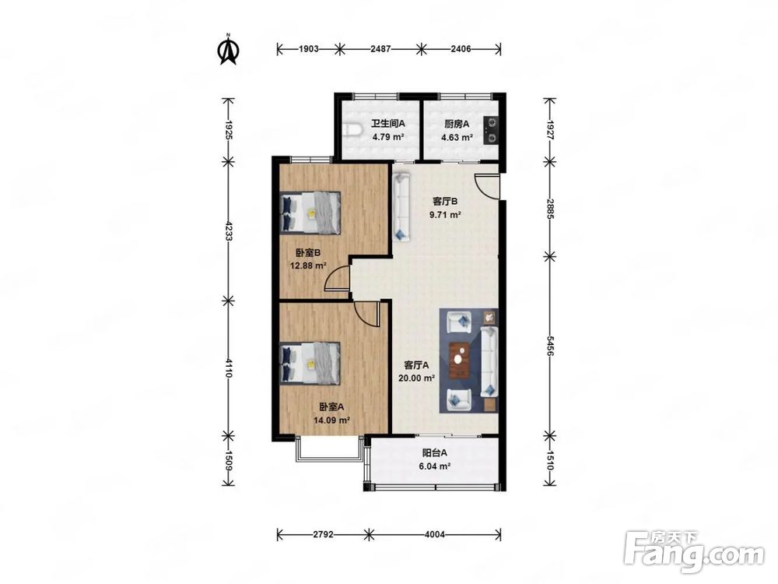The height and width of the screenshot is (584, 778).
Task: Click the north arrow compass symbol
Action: (228, 50)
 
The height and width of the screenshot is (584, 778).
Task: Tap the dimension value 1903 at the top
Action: (309, 48)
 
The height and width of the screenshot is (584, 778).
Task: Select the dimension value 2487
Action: (380, 48)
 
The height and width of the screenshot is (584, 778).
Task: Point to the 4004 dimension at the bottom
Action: (435, 534)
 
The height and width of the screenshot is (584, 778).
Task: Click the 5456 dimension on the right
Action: (550, 346)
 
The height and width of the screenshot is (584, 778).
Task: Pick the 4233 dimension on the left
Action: (229, 231)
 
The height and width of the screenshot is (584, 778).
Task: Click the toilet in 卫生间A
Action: (352, 131)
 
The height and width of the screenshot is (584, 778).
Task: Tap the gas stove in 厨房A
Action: (492, 130)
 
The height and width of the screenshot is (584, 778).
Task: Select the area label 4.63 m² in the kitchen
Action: (457, 138)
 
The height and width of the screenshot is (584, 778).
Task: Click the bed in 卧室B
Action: (310, 212)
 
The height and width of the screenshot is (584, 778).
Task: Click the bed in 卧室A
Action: (310, 363)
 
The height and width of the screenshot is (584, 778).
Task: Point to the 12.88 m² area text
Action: (308, 266)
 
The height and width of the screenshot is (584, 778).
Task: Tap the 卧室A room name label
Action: (331, 407)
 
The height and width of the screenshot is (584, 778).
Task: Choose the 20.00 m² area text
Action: (417, 378)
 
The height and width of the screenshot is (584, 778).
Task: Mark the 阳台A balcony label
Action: (435, 453)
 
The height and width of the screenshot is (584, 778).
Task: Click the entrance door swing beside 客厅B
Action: (487, 187)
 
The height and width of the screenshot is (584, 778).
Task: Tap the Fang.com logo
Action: (694, 551)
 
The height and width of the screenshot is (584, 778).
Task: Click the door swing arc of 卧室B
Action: (338, 278)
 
